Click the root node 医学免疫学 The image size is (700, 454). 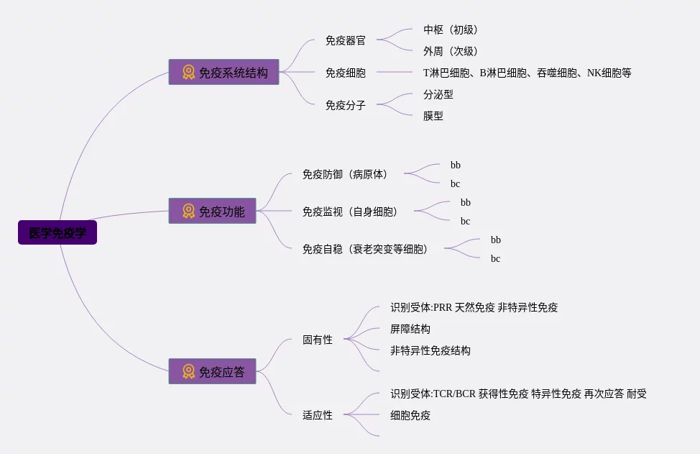57,233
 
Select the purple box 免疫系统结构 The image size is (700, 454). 224,72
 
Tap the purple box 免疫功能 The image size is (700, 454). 212,211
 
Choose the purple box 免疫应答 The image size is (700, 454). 212,371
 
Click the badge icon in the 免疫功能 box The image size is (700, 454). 188,211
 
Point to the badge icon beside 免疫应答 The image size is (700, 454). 188,371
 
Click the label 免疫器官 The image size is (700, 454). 345,41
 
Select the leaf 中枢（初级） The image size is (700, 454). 451,30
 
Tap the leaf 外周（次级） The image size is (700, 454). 451,52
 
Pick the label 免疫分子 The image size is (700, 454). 345,106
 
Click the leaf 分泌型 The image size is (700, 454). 438,95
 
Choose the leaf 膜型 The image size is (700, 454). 433,117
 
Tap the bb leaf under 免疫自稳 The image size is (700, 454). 496,240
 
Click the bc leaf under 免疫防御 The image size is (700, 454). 456,184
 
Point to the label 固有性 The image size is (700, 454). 318,340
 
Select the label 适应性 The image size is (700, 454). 318,415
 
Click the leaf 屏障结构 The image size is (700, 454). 410,330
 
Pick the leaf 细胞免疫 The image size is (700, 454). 410,416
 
